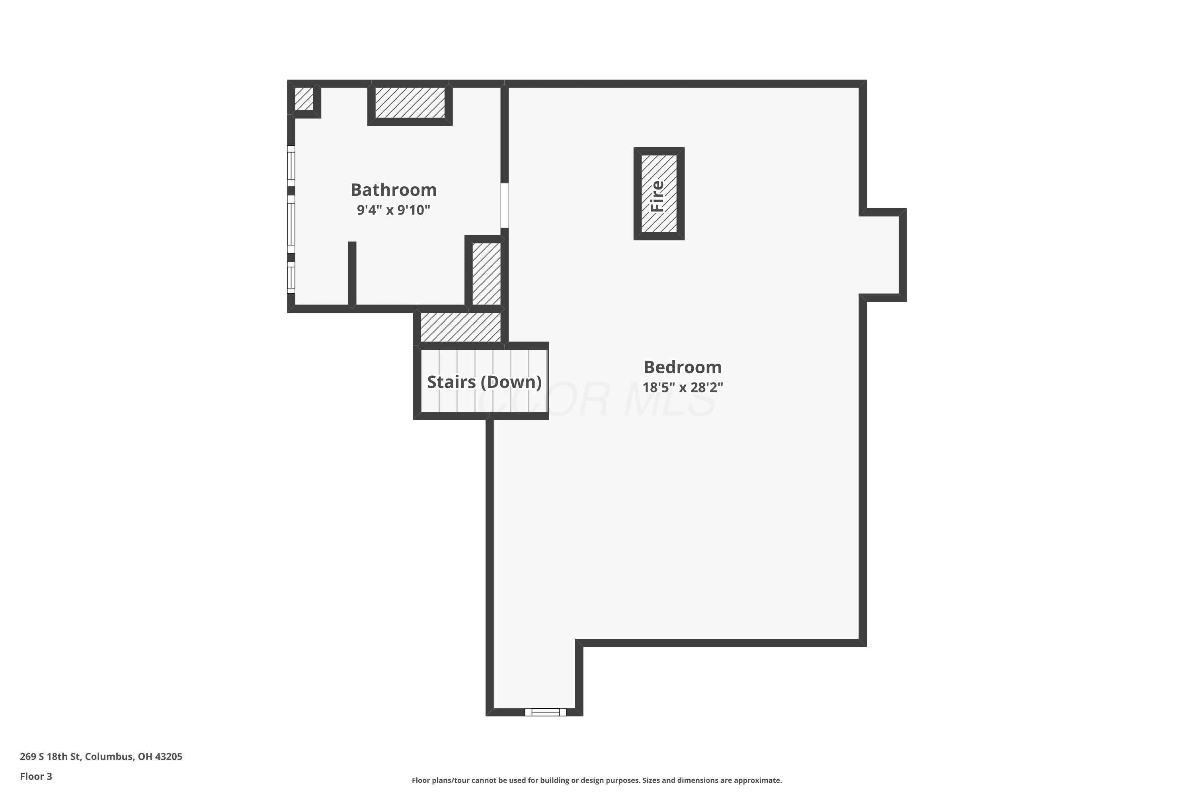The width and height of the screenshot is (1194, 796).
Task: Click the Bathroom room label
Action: (394, 190)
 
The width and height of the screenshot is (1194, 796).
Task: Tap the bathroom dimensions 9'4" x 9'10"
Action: (394, 210)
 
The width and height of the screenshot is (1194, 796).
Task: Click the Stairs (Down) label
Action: (484, 382)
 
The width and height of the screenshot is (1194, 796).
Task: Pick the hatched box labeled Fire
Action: (659, 193)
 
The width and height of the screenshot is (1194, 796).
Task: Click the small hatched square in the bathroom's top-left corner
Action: (304, 99)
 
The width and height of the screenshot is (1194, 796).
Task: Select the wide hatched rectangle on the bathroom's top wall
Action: (410, 103)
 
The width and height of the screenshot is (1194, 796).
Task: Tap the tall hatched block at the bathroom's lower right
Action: (486, 274)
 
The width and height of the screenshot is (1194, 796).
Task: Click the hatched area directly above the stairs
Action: (461, 327)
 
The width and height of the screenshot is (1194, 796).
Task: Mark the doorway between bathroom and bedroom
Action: (505, 206)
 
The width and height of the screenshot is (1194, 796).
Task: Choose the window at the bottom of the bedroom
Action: (546, 712)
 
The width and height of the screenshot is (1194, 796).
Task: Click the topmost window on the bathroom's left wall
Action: (291, 166)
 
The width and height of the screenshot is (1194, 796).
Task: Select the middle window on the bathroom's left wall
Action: (291, 224)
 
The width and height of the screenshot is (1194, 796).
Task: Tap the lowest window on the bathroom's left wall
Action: (291, 277)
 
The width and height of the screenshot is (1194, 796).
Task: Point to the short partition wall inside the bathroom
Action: (352, 275)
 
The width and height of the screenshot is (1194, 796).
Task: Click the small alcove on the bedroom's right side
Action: (883, 255)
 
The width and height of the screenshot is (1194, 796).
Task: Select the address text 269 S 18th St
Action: (50, 757)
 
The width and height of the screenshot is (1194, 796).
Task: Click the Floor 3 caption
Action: (36, 776)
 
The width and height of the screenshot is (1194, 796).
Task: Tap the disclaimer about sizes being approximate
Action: (597, 780)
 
